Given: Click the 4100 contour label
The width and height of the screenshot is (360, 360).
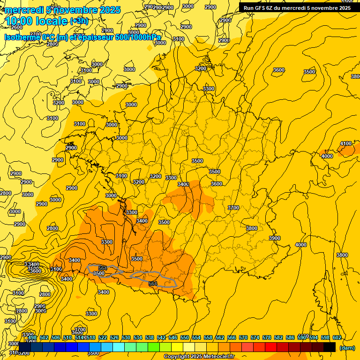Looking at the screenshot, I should (x=346, y=143).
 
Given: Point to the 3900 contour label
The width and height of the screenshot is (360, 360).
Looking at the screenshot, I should (x=275, y=238).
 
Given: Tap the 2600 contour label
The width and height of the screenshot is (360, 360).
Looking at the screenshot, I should (x=16, y=27).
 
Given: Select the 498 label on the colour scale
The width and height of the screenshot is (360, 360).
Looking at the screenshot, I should (x=32, y=337).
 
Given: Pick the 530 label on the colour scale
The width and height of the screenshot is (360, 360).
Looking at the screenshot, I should (x=126, y=337).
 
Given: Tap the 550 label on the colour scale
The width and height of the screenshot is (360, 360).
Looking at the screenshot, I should (x=185, y=337).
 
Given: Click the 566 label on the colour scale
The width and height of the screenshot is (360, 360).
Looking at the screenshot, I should (x=232, y=337).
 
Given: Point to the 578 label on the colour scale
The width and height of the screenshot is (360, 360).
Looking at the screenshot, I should (x=267, y=337).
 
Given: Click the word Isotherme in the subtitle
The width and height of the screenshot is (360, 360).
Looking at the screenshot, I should (x=22, y=37).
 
